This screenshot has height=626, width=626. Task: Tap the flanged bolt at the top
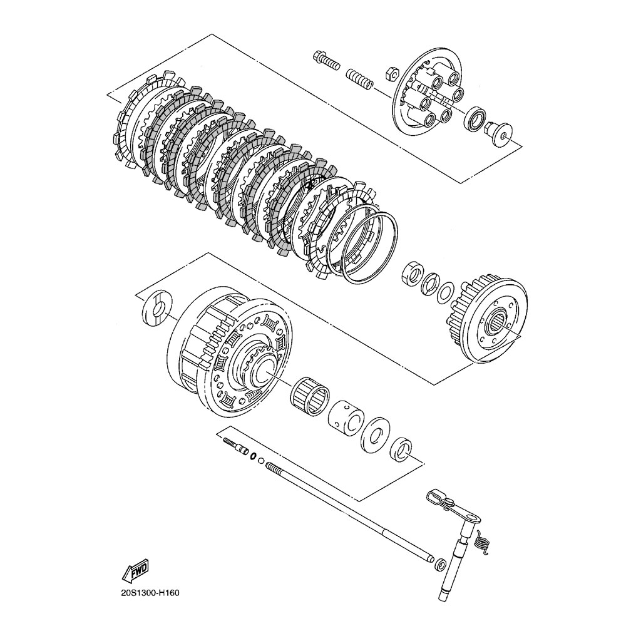324,61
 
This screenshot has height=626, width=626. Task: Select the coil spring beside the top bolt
360,80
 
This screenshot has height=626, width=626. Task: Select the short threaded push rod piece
234,446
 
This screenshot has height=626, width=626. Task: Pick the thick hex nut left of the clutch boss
412,275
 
